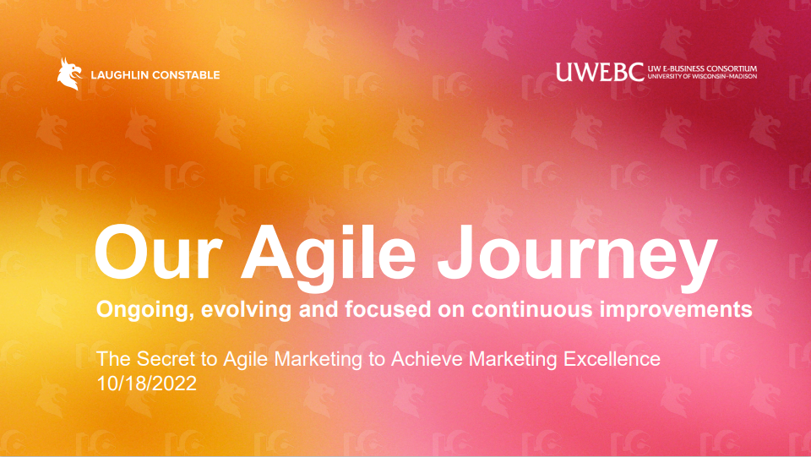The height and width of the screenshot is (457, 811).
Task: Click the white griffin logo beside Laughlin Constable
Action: [x=69, y=74]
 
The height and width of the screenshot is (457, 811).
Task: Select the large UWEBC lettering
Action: [x=600, y=73]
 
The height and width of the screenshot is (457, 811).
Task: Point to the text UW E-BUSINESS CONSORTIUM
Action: [x=702, y=68]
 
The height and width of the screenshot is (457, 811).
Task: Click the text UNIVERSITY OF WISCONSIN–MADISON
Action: [x=702, y=77]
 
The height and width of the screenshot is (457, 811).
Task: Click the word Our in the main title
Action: [x=158, y=253]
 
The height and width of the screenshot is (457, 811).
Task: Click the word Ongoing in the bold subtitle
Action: [x=144, y=310]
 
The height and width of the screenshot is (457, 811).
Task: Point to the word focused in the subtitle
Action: [x=388, y=309]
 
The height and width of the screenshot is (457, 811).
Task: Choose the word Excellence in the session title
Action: [x=612, y=359]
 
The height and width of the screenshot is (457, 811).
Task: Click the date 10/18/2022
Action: [x=147, y=384]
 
